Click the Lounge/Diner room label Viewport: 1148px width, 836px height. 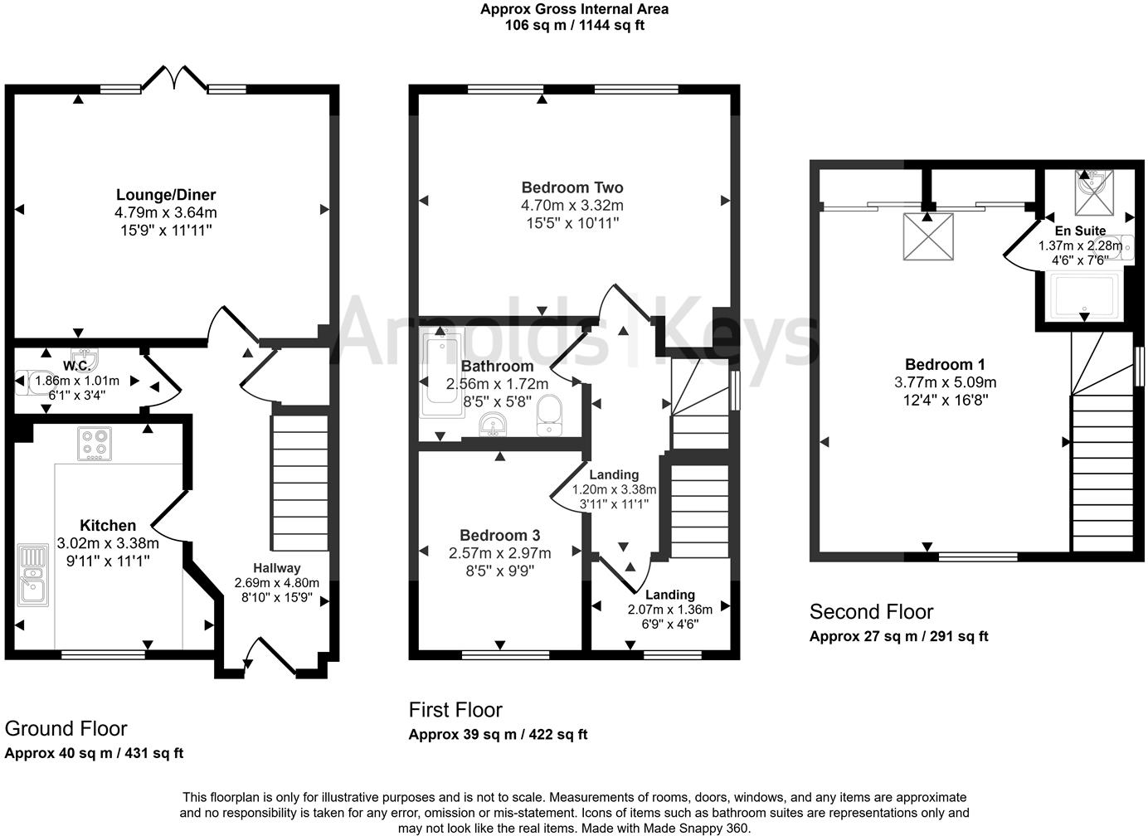166,195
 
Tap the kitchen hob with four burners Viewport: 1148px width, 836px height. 94,444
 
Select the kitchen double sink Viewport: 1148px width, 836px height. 32,573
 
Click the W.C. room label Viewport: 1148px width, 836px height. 77,366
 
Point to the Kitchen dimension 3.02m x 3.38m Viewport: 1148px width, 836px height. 108,543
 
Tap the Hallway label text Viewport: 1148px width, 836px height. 276,568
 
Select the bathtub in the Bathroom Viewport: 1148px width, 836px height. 441,373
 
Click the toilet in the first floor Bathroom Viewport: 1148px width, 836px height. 549,415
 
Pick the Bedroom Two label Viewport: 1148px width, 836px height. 572,187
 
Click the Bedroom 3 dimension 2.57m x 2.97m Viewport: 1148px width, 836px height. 499,553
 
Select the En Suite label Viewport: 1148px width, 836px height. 1080,231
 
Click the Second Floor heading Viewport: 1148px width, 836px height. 871,612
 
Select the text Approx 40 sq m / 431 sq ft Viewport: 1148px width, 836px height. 94,754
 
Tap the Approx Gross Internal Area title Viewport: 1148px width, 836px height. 574,9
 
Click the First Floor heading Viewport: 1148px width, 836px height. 455,710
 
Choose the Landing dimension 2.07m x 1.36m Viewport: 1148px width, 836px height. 669,610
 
